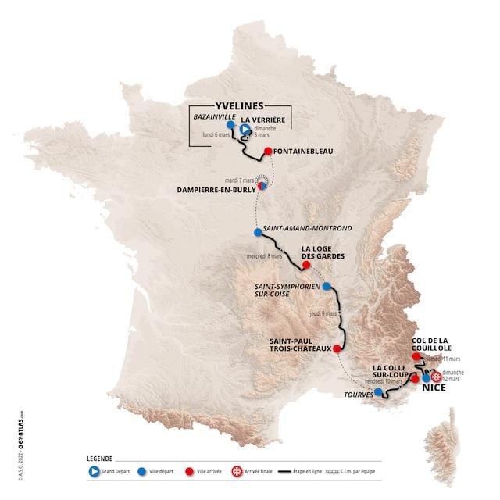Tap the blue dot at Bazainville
[230, 124]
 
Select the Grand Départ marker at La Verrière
[245, 130]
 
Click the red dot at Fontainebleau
[267, 152]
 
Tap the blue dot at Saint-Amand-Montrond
[258, 232]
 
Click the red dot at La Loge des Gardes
[295, 265]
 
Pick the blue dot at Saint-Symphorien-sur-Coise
[327, 286]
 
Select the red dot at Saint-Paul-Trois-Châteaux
[337, 348]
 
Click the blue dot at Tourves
[378, 392]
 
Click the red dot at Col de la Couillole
[417, 356]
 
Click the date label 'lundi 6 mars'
[216, 134]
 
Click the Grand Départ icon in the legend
[94, 471]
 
